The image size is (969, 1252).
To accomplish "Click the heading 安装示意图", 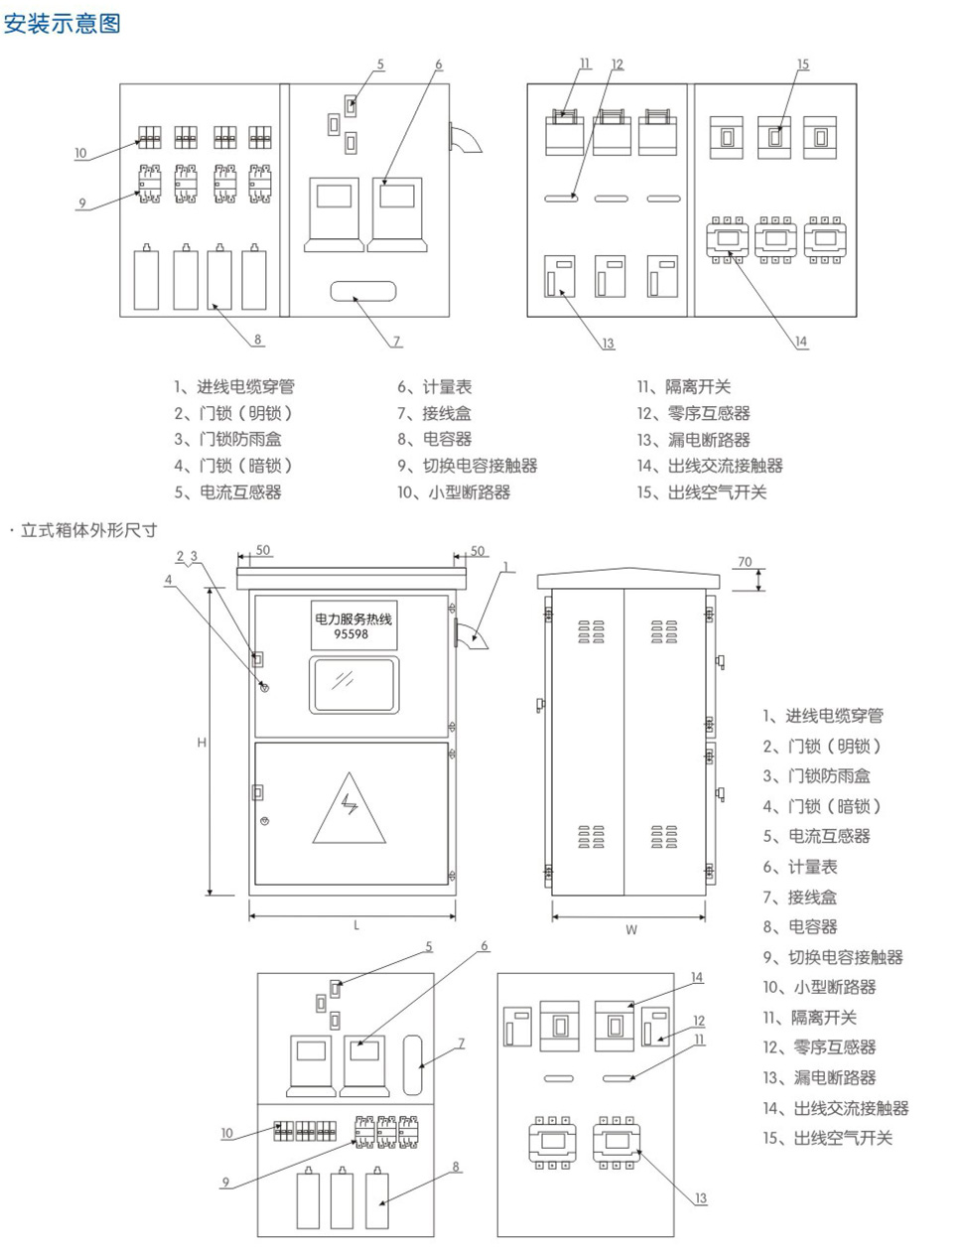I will click(62, 23).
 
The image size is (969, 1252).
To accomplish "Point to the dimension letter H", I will click(202, 742).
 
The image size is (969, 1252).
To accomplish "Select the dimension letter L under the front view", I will click(356, 925).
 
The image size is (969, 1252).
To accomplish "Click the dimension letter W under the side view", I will click(631, 930).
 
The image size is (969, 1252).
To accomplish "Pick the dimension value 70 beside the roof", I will click(745, 562).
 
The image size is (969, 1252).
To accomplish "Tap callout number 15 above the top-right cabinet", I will click(803, 65).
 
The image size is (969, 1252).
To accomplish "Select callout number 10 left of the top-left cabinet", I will click(80, 154).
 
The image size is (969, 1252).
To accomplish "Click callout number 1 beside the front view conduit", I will click(505, 568).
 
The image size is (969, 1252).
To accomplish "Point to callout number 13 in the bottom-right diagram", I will click(701, 1198).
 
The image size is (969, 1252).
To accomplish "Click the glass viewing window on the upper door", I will click(351, 684).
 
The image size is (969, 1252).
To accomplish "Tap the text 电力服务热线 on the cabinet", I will click(352, 619).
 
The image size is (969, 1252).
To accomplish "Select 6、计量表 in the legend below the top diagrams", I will click(435, 387).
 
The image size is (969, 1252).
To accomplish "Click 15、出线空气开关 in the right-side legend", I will click(828, 1138).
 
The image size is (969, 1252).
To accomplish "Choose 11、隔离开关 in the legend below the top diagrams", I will click(684, 387).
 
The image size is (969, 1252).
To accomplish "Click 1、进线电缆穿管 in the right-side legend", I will click(823, 716).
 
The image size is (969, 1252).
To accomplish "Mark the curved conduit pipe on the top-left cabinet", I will click(467, 140).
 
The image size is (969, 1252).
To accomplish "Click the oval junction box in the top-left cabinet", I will click(361, 291).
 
